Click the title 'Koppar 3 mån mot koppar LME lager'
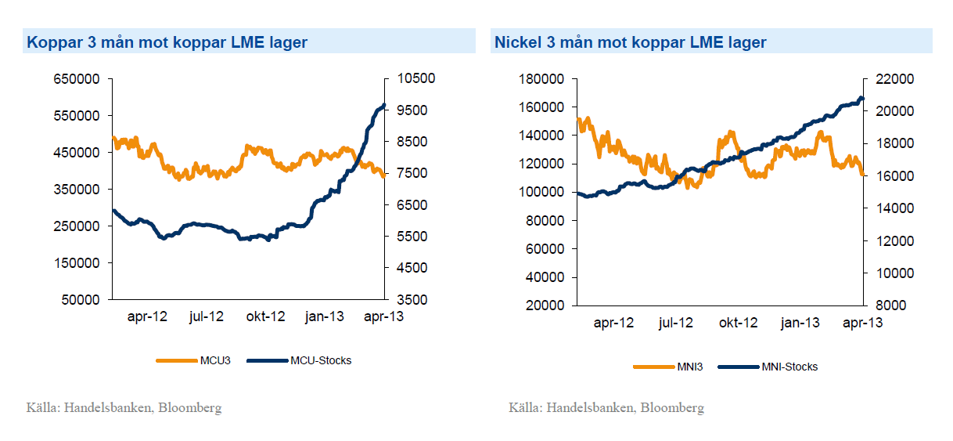tap(167, 42)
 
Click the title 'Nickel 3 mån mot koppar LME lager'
tap(630, 42)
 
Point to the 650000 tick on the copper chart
tap(77, 79)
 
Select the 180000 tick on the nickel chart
tap(541, 79)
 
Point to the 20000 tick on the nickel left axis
tap(545, 305)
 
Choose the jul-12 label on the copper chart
tap(207, 316)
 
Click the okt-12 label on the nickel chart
tap(738, 322)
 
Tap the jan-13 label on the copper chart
tap(324, 316)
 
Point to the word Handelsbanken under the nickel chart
tap(590, 407)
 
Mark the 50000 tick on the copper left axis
tap(80, 300)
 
